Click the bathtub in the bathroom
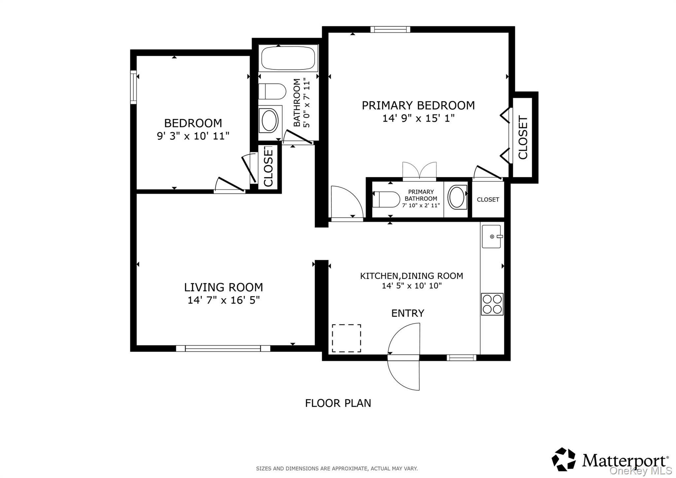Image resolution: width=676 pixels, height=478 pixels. tap(288, 58)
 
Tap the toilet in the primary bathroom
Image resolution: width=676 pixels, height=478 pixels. tap(386, 199)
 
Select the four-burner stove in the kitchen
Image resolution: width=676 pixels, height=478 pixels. tap(492, 304)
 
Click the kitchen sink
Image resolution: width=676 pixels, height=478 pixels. tap(491, 236)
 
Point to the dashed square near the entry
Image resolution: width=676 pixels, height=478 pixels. tap(346, 338)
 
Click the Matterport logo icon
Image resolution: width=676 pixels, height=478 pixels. tap(564, 459)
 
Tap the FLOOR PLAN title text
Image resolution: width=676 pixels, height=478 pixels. tap(338, 403)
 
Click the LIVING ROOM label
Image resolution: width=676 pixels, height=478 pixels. tap(223, 287)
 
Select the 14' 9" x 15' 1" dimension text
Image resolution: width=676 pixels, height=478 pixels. tap(419, 118)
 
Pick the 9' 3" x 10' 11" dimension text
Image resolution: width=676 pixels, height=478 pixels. tap(193, 136)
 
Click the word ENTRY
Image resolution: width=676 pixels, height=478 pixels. tap(408, 313)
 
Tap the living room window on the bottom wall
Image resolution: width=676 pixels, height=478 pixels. tap(223, 348)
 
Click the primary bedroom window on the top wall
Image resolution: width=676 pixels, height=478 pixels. tap(390, 29)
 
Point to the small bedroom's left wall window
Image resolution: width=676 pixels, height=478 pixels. tap(133, 87)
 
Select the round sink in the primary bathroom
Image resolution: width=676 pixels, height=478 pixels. tap(457, 197)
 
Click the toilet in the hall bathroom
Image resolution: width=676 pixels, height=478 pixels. tap(272, 91)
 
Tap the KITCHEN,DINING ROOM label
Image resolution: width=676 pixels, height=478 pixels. tap(412, 276)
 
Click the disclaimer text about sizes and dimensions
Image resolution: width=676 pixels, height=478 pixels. tap(337, 468)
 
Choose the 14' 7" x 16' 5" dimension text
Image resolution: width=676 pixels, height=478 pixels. tap(224, 300)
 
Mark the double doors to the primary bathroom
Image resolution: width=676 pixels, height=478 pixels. tap(420, 170)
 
